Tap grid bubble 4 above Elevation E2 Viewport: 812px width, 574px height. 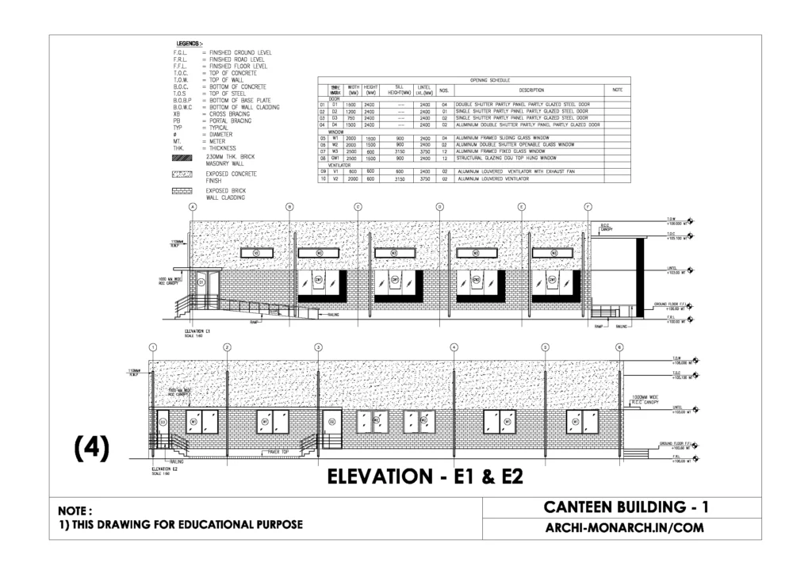click(454, 347)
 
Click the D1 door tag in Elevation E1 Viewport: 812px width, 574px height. click(201, 281)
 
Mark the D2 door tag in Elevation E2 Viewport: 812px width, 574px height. click(163, 423)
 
